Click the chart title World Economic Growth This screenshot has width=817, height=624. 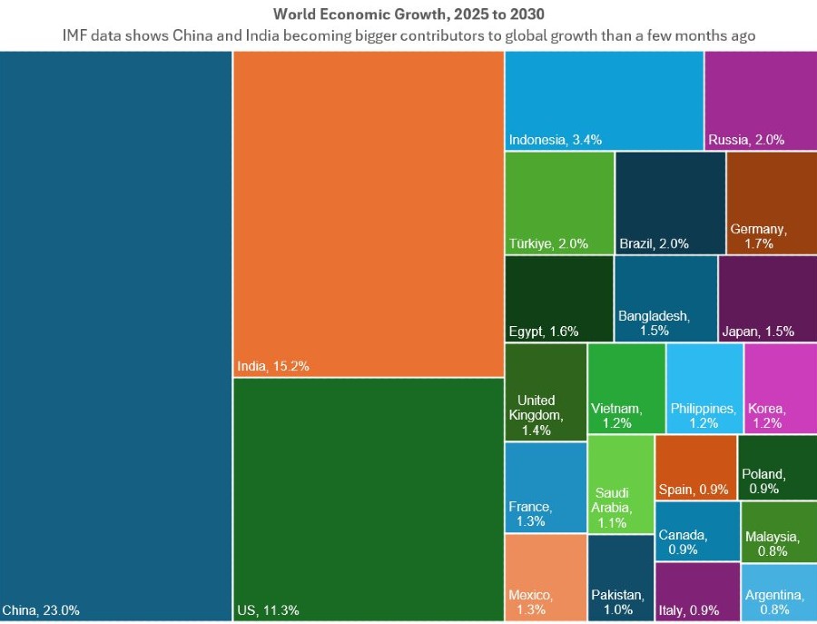pyautogui.click(x=408, y=15)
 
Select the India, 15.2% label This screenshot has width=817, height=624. pyautogui.click(x=273, y=367)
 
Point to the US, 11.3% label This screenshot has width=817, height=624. pyautogui.click(x=268, y=609)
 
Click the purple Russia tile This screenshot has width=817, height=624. pyautogui.click(x=760, y=100)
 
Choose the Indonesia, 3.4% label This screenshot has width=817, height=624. pyautogui.click(x=556, y=140)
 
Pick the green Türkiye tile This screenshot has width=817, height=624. pyautogui.click(x=558, y=203)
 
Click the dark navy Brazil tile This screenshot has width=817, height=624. pyautogui.click(x=670, y=203)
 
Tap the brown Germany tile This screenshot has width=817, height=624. pyautogui.click(x=771, y=203)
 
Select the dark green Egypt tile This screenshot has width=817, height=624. pyautogui.click(x=558, y=299)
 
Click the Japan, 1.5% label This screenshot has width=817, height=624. pyautogui.click(x=757, y=332)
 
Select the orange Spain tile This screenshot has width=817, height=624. pyautogui.click(x=695, y=467)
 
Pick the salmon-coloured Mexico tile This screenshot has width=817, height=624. pyautogui.click(x=545, y=577)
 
